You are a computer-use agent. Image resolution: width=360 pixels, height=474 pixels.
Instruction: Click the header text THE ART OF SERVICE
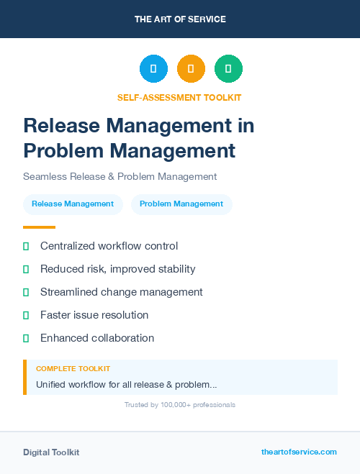click(x=180, y=19)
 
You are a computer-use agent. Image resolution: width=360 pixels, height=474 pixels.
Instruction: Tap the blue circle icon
click(x=153, y=69)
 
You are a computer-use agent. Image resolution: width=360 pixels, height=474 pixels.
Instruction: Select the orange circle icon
click(x=191, y=69)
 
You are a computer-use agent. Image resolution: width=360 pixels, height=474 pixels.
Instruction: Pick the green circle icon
click(x=228, y=69)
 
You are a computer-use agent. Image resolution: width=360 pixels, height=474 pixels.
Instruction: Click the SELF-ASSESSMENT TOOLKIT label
click(x=179, y=98)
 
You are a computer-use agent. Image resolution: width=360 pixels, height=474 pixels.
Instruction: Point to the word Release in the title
click(x=62, y=125)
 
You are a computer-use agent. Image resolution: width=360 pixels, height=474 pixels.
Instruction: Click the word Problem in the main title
click(x=62, y=151)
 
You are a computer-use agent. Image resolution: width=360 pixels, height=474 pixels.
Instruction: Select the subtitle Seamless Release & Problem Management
click(x=120, y=176)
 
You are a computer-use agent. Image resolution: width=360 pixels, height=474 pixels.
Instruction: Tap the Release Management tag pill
click(x=73, y=204)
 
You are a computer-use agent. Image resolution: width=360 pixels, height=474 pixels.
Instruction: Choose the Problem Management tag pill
click(x=181, y=204)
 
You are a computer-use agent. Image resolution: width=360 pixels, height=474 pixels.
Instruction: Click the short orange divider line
click(x=39, y=227)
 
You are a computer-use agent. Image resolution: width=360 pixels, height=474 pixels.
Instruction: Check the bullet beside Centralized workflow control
click(x=26, y=247)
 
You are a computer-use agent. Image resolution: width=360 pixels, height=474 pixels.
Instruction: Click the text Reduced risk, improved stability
click(x=117, y=269)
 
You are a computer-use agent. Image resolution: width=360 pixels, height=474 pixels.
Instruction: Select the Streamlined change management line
click(x=121, y=292)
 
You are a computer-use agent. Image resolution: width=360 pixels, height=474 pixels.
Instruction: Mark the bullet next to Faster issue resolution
click(x=26, y=315)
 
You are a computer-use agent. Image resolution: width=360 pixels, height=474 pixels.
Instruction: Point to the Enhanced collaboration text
click(x=96, y=338)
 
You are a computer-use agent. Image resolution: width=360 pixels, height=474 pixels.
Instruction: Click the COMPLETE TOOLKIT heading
click(x=73, y=369)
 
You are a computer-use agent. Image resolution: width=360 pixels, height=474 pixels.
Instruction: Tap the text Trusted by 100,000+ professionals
click(x=179, y=405)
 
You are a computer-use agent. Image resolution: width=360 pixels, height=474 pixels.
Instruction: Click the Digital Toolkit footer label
click(x=51, y=452)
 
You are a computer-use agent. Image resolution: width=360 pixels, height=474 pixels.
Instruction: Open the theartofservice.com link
click(x=299, y=452)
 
